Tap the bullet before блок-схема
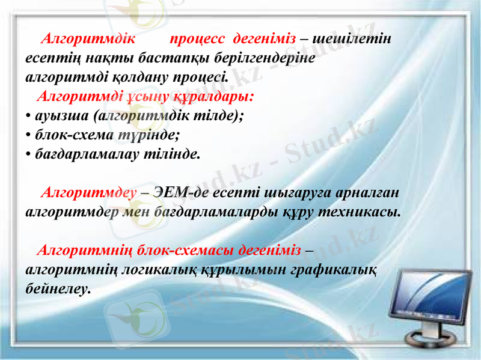29,134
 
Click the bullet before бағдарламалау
29,153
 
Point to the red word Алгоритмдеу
87,193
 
